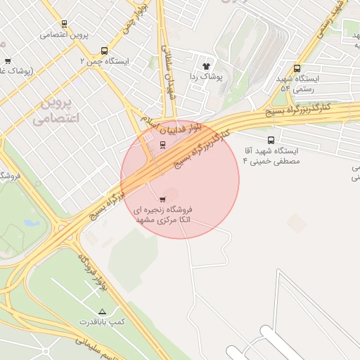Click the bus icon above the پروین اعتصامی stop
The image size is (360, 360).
[x=65, y=23]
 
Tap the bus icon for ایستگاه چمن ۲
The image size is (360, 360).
[x=105, y=51]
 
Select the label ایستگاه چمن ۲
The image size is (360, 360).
[x=105, y=62]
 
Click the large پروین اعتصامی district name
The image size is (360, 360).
[x=56, y=111]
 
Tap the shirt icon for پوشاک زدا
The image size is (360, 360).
[x=206, y=64]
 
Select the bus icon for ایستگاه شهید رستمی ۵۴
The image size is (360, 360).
[x=297, y=69]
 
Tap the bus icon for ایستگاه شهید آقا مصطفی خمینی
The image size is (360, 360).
[x=271, y=139]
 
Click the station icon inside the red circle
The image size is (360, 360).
[x=163, y=146]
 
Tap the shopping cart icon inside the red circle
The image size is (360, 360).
[x=163, y=199]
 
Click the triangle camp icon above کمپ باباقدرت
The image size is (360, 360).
[x=103, y=311]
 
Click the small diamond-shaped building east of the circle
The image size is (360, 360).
[x=297, y=224]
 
